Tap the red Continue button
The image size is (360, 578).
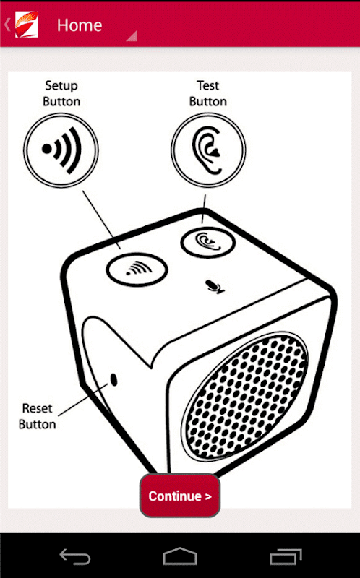pos(180,495)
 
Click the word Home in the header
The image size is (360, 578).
pos(80,25)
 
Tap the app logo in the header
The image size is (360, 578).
pos(26,24)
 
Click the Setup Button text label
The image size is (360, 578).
pos(61,94)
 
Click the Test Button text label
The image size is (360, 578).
pos(208,94)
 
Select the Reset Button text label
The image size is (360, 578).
pos(38,416)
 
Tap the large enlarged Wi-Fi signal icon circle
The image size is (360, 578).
pos(61,150)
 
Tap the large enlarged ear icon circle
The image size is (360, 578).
pos(208,150)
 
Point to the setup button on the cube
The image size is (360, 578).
pos(137,269)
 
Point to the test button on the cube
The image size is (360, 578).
pos(207,242)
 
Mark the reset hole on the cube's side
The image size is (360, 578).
pos(114,379)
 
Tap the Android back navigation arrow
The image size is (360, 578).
pos(75,556)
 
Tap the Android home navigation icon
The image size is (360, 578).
pos(179,556)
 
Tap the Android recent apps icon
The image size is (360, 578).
pos(286,556)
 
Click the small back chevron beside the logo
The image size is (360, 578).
pos(7,25)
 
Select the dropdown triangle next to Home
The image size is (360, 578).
pos(132,35)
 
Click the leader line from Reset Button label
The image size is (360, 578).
pos(83,400)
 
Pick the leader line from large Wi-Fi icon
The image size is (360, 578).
pos(101,219)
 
